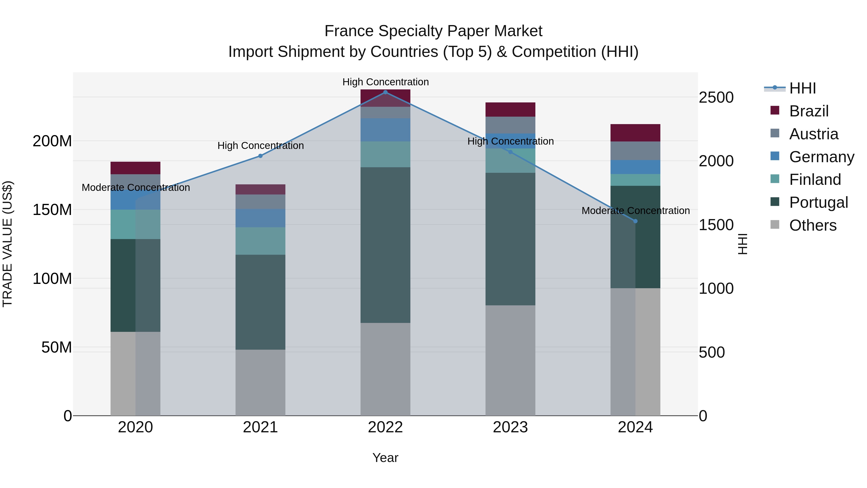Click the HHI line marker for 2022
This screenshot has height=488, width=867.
click(385, 92)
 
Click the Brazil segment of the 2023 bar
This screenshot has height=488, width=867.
click(510, 109)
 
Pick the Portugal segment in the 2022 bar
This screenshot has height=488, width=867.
click(385, 245)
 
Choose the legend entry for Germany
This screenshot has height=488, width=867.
click(821, 157)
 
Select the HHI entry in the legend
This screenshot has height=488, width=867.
click(802, 88)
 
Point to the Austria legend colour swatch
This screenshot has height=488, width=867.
click(775, 133)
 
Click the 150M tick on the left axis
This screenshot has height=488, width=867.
click(52, 210)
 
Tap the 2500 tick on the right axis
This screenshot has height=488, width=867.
click(716, 97)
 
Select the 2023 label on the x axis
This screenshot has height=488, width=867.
click(510, 427)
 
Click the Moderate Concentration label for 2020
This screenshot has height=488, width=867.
click(136, 187)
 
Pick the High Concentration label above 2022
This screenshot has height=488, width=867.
click(385, 82)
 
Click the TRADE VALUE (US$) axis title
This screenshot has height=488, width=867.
click(7, 244)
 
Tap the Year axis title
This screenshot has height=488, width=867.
click(385, 458)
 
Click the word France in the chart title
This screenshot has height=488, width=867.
click(349, 31)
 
